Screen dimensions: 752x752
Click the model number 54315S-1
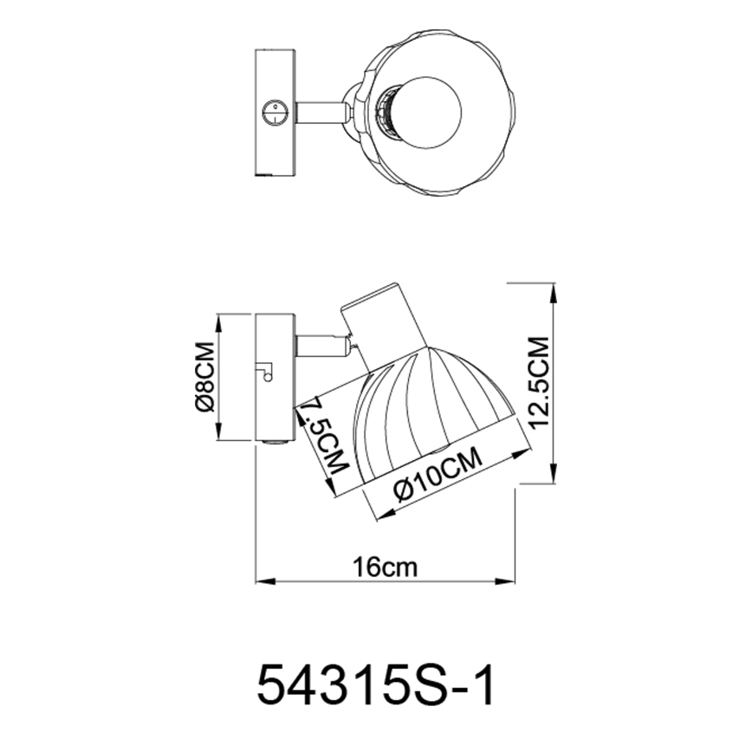(x=375, y=684)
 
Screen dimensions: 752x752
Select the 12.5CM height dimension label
(x=539, y=383)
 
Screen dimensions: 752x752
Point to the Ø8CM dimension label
(x=204, y=378)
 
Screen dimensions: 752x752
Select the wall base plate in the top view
(x=275, y=113)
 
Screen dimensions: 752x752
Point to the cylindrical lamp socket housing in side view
(x=382, y=324)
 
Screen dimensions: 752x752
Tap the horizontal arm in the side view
(x=322, y=347)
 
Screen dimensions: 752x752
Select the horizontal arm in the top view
(x=322, y=113)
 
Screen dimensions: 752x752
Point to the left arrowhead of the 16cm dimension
(x=261, y=580)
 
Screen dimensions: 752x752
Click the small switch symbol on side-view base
(x=265, y=372)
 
